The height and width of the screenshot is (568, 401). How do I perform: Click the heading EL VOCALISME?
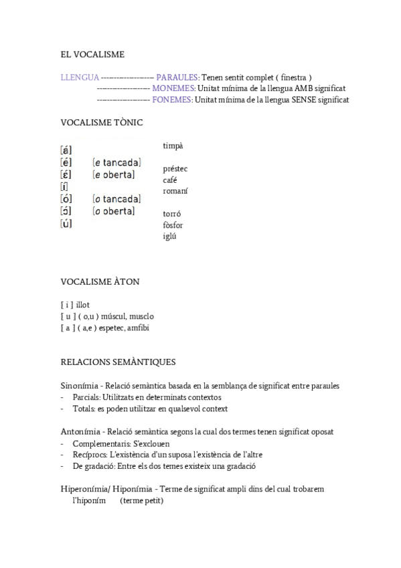[92, 54]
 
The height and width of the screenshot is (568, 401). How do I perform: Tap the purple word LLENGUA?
[80, 77]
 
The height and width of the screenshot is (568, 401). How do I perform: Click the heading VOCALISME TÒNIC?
[102, 123]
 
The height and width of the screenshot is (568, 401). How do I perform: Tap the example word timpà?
[173, 145]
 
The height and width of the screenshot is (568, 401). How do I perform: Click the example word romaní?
[175, 191]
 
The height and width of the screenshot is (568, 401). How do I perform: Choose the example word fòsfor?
[173, 225]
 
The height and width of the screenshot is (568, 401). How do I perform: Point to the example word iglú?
[170, 236]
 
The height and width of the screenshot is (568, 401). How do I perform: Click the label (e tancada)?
[116, 163]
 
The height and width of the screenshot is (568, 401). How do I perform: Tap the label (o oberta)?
[114, 212]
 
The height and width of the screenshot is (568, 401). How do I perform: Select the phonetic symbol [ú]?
[66, 224]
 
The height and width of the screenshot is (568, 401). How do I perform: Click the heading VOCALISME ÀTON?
[100, 281]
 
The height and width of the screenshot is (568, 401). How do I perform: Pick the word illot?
[82, 305]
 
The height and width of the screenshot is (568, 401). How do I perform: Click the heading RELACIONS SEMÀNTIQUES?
[118, 362]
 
